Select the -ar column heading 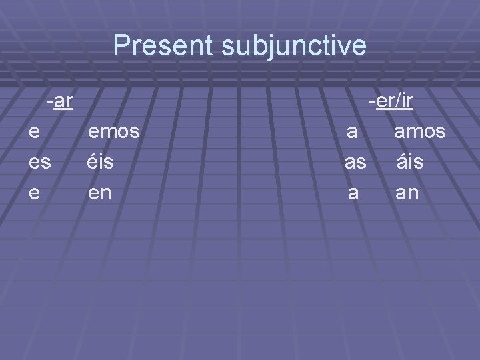[x=60, y=102]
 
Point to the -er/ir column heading [x=391, y=102]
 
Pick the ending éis [x=101, y=162]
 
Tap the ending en [x=101, y=194]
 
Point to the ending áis [x=410, y=162]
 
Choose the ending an [x=408, y=194]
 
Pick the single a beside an [x=354, y=194]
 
